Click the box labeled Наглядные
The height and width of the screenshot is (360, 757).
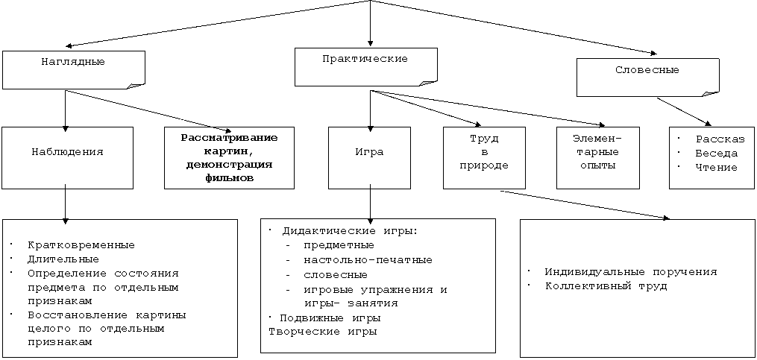[x=73, y=70]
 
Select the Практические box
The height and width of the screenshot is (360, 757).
[x=366, y=67]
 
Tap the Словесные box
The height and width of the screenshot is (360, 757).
[x=647, y=78]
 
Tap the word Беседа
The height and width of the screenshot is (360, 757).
[x=717, y=154]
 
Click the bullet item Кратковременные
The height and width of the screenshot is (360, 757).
[x=81, y=245]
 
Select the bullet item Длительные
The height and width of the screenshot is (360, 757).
[x=63, y=259]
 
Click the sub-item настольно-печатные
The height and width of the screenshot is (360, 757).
[x=368, y=260]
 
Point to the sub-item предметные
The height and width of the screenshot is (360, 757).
[x=339, y=246]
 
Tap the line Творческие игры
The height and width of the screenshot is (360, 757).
[x=323, y=332]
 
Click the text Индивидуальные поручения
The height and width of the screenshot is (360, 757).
[x=631, y=272]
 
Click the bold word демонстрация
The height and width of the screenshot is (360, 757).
[x=229, y=165]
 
